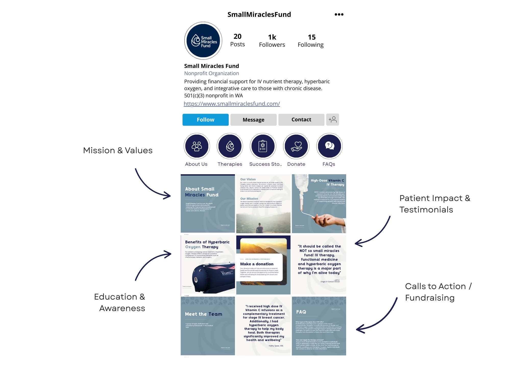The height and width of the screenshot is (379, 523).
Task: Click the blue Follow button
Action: pyautogui.click(x=205, y=120)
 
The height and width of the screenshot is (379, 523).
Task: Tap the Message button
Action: pyautogui.click(x=253, y=120)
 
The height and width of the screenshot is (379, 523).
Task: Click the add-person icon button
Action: pyautogui.click(x=332, y=120)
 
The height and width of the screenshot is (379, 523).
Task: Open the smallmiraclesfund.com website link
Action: pyautogui.click(x=232, y=104)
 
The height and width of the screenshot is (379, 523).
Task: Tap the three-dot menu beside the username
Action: pyautogui.click(x=339, y=15)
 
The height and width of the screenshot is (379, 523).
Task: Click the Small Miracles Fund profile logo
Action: pyautogui.click(x=203, y=41)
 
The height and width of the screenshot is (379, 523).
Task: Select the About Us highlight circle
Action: pyautogui.click(x=197, y=146)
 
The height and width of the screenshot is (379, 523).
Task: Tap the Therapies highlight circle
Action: pyautogui.click(x=230, y=146)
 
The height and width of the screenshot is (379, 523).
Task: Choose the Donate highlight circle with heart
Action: pyautogui.click(x=296, y=146)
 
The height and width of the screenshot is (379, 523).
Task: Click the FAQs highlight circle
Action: pyautogui.click(x=329, y=146)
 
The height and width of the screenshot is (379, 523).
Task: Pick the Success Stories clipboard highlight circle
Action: pyautogui.click(x=263, y=146)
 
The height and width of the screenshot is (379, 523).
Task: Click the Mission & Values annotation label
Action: pyautogui.click(x=118, y=150)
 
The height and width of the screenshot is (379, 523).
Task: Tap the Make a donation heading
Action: pyautogui.click(x=257, y=264)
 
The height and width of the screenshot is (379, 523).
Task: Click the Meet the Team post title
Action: pyautogui.click(x=203, y=314)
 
